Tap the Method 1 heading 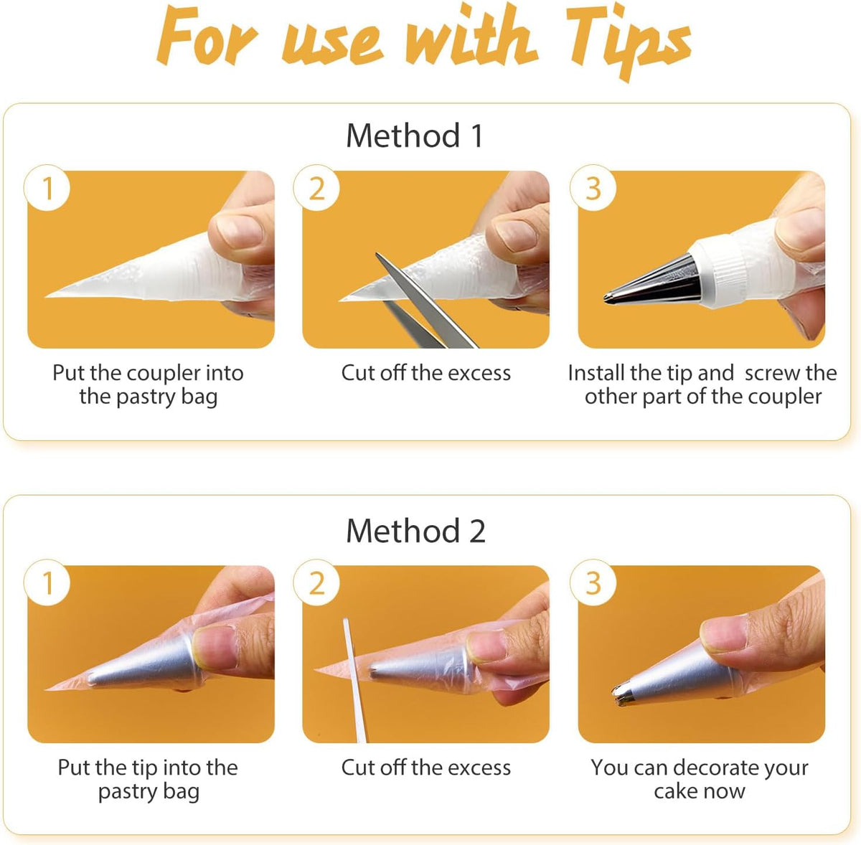tap(415, 136)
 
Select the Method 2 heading tap(415, 531)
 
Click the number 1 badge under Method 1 tap(47, 188)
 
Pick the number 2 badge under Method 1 tap(316, 188)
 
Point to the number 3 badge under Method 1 tap(593, 188)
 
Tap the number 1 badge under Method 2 tap(47, 582)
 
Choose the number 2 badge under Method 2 tap(316, 582)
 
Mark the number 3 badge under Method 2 tap(593, 582)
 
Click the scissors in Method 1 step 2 tap(420, 308)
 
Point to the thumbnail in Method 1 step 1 tap(240, 231)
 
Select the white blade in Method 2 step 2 tap(354, 679)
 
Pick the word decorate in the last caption tap(717, 768)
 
